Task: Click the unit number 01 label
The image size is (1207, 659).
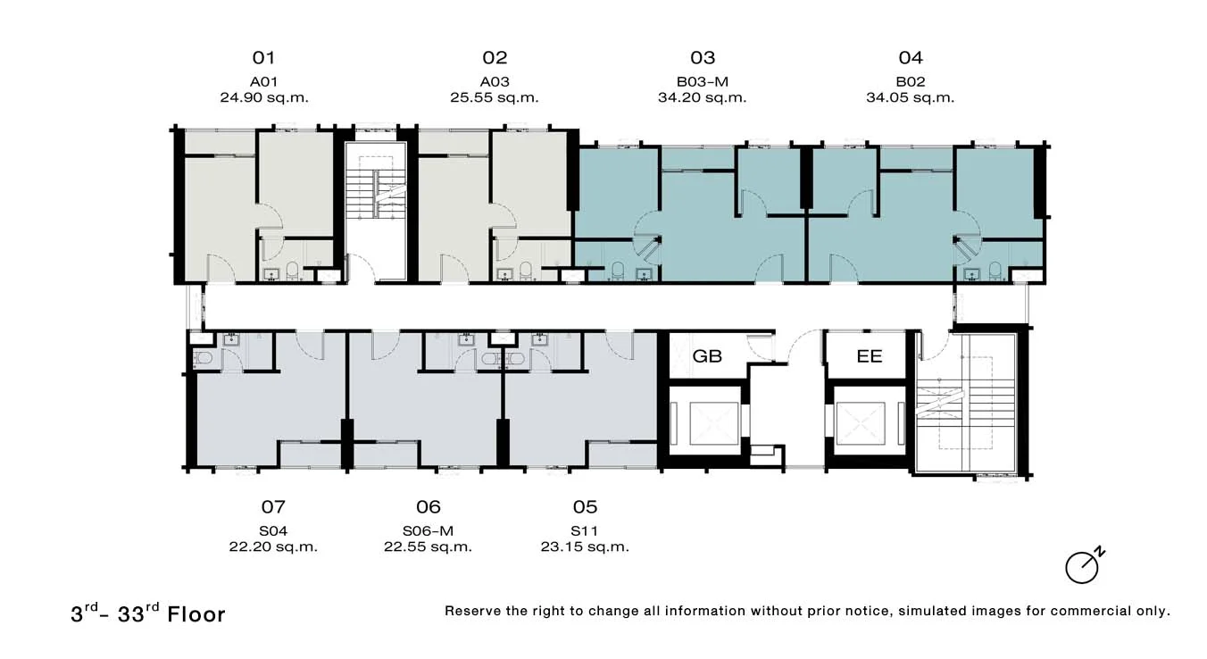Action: point(263,58)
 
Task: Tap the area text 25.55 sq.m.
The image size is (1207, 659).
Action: point(494,97)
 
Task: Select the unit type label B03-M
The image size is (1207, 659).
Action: point(702,82)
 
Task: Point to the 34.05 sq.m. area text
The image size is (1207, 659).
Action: point(910,97)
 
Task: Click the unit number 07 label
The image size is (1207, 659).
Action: point(273,507)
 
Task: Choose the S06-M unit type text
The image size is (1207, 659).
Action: point(428,531)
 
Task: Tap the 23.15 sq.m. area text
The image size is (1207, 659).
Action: point(585,546)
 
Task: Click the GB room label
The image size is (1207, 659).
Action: point(707,356)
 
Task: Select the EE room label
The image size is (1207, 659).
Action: point(870,356)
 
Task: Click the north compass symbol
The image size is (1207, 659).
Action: point(1084,566)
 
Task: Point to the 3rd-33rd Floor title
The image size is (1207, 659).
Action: point(147,613)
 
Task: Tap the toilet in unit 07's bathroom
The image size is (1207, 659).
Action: point(203,358)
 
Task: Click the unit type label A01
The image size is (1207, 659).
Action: point(263,82)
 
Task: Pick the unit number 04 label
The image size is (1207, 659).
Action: point(911,58)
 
